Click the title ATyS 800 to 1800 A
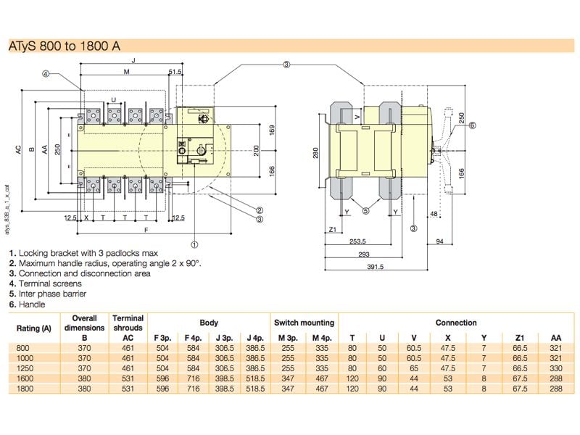click(64, 46)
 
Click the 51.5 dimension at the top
click(175, 72)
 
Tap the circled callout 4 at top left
click(46, 73)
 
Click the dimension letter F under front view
click(146, 231)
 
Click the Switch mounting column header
click(304, 323)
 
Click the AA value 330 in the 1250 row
click(555, 368)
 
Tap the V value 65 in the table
click(413, 368)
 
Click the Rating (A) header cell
click(33, 328)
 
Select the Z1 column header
click(519, 338)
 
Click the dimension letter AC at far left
click(16, 150)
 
